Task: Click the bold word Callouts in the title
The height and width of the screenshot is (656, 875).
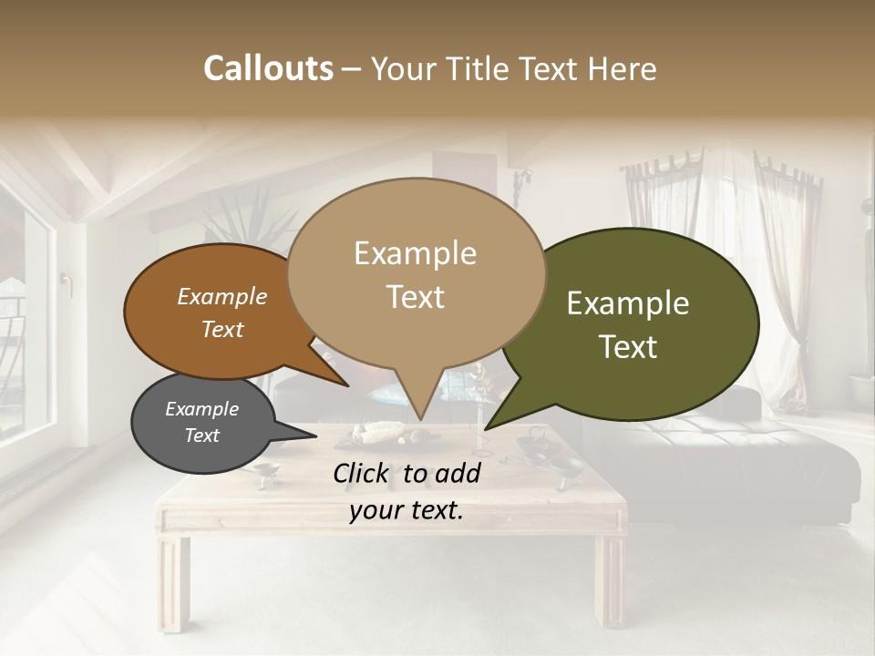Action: pos(268,68)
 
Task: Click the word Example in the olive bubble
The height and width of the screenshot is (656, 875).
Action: pos(628,303)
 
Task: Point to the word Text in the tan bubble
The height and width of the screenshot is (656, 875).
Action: pos(416,297)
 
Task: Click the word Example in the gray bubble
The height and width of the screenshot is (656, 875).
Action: pos(201,409)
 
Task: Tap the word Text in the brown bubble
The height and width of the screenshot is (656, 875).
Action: pos(222,330)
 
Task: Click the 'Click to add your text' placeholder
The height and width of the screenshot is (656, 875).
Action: pos(407,492)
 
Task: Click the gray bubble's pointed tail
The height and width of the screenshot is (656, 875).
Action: pos(301,435)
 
